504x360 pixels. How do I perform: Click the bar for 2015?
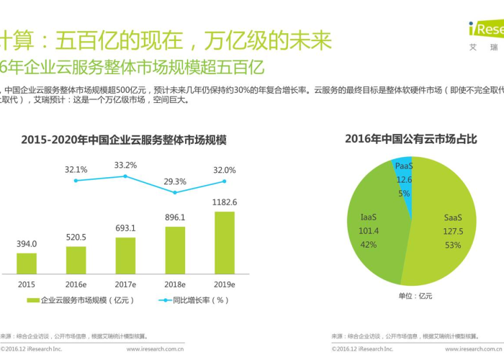tap(27, 263)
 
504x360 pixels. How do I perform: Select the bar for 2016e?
tap(76, 260)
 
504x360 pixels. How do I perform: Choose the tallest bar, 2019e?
tap(225, 243)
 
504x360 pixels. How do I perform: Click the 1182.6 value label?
tap(225, 203)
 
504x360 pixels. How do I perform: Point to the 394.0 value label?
tap(27, 244)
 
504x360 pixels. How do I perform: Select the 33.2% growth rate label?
tap(125, 166)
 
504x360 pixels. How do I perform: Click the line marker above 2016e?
tap(76, 180)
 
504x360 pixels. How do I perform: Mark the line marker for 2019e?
tap(225, 181)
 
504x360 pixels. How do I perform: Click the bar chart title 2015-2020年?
tap(123, 139)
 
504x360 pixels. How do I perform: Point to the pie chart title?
tap(410, 139)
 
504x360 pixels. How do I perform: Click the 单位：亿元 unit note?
tap(415, 296)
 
